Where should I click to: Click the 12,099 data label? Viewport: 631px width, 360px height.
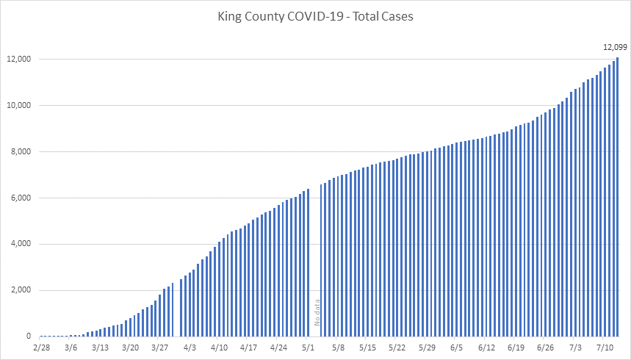616,47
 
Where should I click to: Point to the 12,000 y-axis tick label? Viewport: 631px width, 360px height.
20,59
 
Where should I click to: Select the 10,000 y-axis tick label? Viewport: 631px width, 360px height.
20,105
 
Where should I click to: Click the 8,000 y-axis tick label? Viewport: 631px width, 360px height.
22,151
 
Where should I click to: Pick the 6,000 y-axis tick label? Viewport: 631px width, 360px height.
22,198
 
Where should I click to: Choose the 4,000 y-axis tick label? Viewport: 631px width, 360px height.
22,244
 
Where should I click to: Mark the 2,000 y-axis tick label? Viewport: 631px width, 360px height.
22,290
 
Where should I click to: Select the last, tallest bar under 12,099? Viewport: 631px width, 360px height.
618,198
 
